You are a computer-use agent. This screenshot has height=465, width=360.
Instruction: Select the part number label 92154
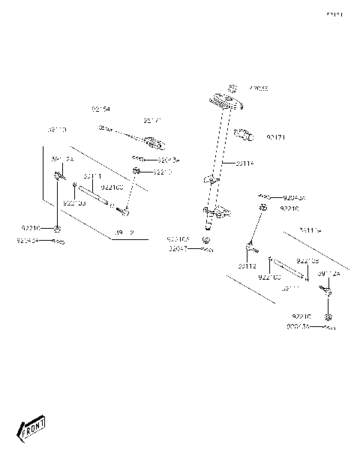(100, 109)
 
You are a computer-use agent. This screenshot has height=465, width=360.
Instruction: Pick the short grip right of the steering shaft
(246, 136)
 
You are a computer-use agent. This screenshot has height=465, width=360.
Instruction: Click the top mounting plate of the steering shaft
(224, 100)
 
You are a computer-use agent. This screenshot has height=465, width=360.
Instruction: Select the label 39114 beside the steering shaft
(245, 163)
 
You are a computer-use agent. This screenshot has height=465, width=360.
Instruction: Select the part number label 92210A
(178, 238)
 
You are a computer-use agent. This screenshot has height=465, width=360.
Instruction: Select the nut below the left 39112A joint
(58, 227)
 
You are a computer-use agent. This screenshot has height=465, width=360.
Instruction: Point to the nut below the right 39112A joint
(328, 318)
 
